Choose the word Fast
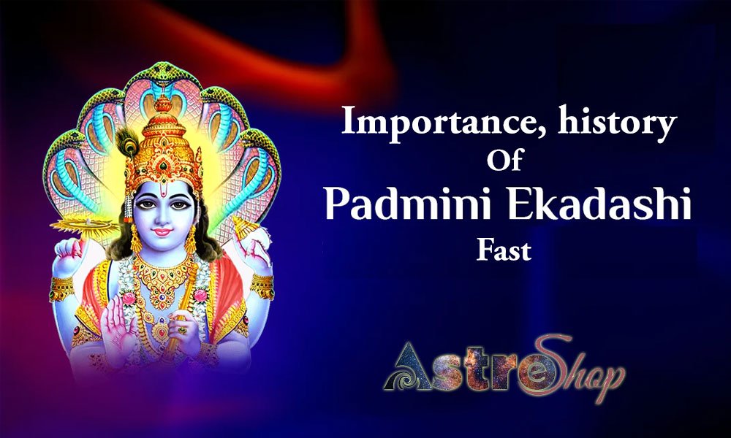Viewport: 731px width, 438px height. [504, 250]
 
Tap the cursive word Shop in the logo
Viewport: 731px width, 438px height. [578, 368]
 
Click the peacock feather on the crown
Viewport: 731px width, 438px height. [127, 142]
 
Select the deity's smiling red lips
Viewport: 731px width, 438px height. [162, 231]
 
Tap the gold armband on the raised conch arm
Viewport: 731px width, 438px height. [262, 286]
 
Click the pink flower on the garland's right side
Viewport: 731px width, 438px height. [200, 295]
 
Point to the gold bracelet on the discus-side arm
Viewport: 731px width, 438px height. [61, 288]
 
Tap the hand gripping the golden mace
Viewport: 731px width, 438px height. [184, 331]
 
